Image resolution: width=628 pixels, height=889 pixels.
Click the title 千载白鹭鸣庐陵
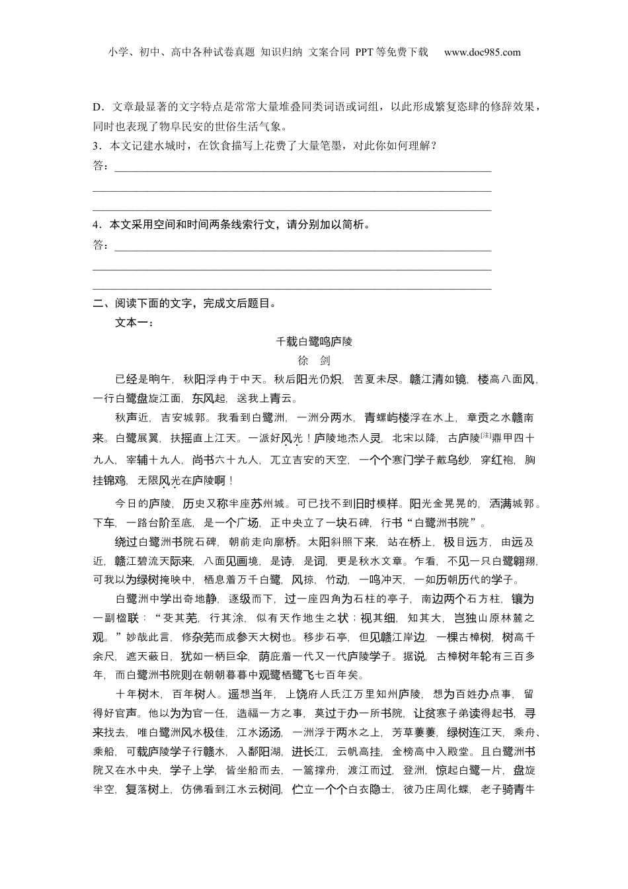(x=314, y=341)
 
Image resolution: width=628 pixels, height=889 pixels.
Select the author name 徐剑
(x=314, y=360)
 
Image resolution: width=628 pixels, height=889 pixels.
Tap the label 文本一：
(x=134, y=323)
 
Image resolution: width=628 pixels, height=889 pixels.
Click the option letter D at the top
(x=96, y=107)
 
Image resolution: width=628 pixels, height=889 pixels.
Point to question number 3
(x=96, y=146)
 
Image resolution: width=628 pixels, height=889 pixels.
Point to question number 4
(x=96, y=225)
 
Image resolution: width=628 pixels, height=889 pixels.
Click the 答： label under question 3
(x=101, y=165)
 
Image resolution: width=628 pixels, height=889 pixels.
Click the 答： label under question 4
(x=101, y=245)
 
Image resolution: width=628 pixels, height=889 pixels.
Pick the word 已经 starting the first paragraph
(x=126, y=380)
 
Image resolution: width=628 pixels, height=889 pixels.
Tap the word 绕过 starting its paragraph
(x=126, y=542)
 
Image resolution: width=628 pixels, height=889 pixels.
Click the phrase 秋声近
(x=132, y=418)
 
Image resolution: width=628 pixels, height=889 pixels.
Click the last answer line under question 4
(x=292, y=288)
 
